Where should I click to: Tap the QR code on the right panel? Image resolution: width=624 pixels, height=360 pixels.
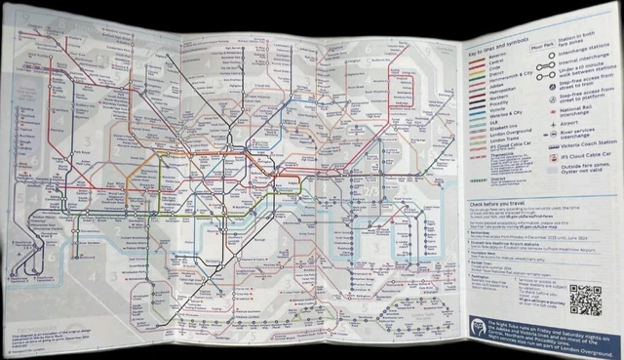[x=585, y=300]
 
